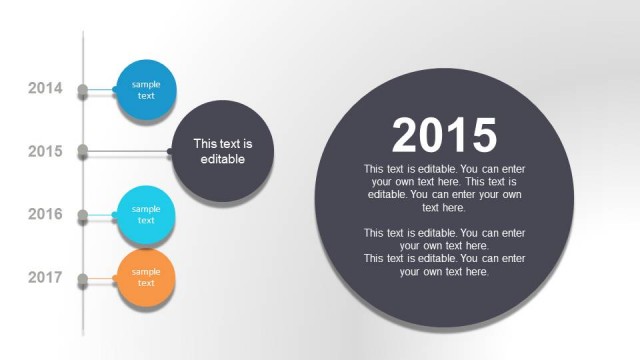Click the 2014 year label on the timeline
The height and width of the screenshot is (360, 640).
click(x=45, y=89)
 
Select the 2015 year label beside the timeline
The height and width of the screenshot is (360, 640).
click(x=45, y=152)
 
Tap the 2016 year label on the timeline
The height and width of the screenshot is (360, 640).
click(x=45, y=215)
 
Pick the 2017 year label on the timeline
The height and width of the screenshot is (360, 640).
click(x=45, y=277)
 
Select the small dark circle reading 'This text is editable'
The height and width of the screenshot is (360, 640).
click(x=222, y=151)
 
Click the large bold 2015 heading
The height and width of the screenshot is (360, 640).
click(x=444, y=135)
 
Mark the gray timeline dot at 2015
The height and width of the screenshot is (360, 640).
click(x=83, y=152)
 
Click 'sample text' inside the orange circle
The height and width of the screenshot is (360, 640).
click(x=146, y=277)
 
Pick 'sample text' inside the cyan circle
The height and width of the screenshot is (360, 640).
click(x=146, y=214)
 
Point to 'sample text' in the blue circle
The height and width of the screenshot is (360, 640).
click(x=146, y=90)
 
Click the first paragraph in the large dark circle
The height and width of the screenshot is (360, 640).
click(x=444, y=188)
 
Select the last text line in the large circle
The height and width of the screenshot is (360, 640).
click(x=444, y=271)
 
